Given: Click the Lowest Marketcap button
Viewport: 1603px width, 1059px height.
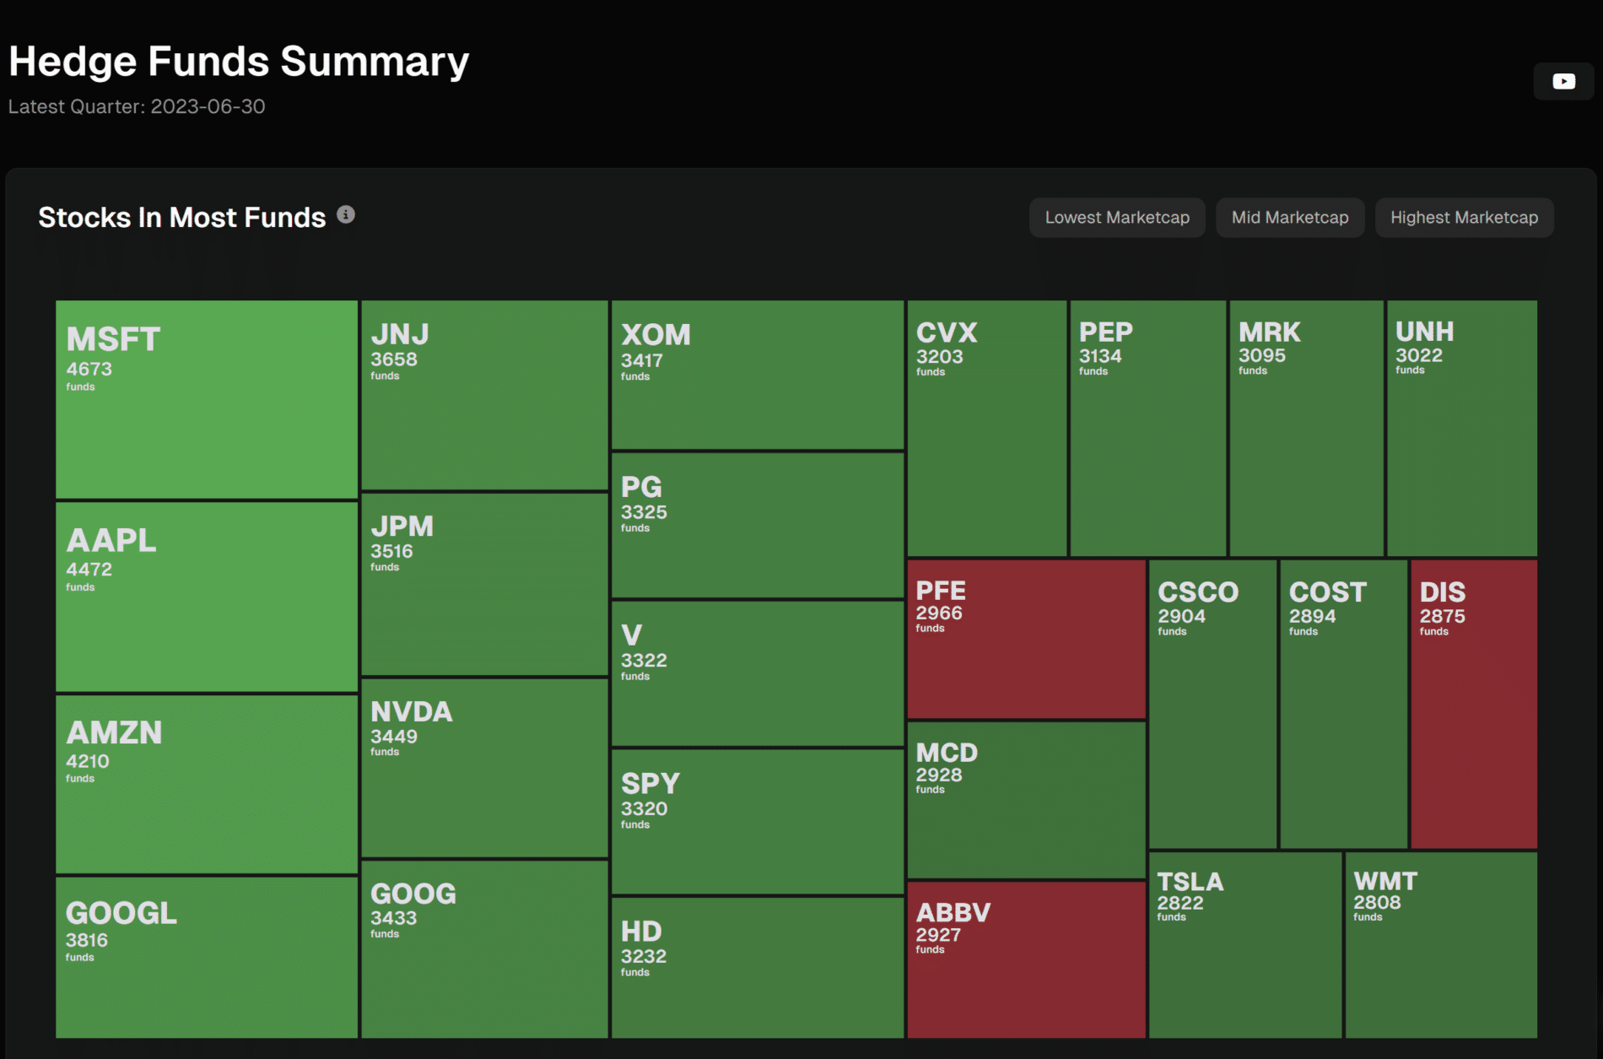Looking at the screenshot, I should [1117, 218].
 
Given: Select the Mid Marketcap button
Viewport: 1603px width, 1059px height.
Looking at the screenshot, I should [1290, 218].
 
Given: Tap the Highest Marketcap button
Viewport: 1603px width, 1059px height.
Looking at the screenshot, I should [1464, 218].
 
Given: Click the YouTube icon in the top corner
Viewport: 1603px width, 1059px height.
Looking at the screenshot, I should [1563, 82].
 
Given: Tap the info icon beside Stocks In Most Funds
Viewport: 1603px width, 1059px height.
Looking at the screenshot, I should [346, 215].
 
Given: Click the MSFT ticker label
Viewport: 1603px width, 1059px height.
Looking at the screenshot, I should [113, 339].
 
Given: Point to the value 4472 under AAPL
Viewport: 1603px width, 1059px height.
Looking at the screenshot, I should [89, 569].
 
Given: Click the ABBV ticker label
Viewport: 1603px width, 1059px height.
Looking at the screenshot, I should [953, 912].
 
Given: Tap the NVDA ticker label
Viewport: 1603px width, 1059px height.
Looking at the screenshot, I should [412, 711].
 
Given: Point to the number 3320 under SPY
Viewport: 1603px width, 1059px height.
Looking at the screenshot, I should [644, 808].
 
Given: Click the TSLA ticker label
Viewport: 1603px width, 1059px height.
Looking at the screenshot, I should [1190, 882].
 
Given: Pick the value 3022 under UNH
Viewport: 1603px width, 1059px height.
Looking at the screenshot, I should [1419, 355].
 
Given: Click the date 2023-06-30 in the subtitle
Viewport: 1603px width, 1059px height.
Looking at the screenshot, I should [208, 106].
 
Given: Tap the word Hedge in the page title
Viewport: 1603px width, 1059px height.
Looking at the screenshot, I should [73, 62].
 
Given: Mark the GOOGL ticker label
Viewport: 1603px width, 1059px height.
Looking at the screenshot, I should [121, 913].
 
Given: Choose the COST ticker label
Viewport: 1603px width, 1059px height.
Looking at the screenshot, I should [1327, 592].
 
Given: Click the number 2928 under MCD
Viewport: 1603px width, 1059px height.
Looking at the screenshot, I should [939, 775].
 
